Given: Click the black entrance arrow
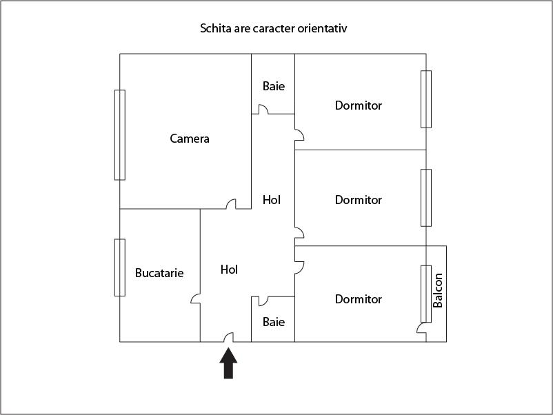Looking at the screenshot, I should coord(228,363).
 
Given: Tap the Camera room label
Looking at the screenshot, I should coord(190,139).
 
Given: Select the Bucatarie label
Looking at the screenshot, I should coord(159,273).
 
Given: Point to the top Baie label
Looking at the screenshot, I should coord(274,87).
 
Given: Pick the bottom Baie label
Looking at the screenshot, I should coord(274,322).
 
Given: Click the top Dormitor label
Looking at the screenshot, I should coord(359,105).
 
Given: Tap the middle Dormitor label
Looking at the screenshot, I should coord(359,200).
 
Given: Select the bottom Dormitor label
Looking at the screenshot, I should coord(359,299).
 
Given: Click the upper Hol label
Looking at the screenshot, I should coord(272,200).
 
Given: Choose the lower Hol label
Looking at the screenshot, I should coord(229,270).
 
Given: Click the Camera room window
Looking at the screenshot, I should coord(120,134).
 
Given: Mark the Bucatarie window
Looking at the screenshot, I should coord(120,267).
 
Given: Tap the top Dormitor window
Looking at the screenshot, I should coord(426,99).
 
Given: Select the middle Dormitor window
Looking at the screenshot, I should coord(426,198).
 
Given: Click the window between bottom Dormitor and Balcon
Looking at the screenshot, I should coord(426,294).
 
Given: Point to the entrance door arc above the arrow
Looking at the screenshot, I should coord(228,337).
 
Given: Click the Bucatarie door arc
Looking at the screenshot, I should coord(196,299).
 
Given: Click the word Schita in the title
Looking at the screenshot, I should coord(214,29).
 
